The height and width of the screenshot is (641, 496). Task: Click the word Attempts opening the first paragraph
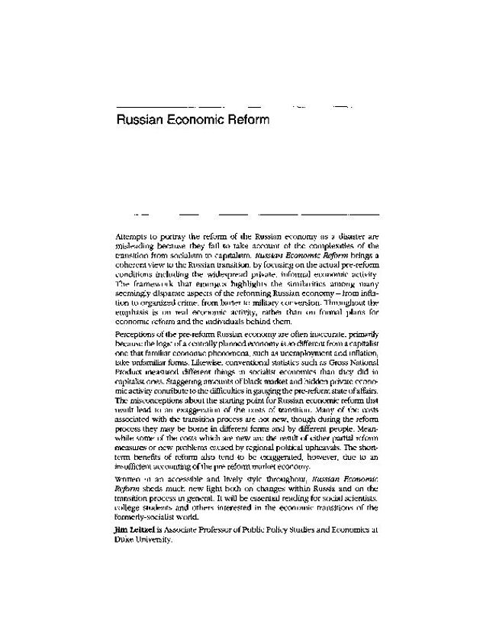(x=133, y=238)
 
